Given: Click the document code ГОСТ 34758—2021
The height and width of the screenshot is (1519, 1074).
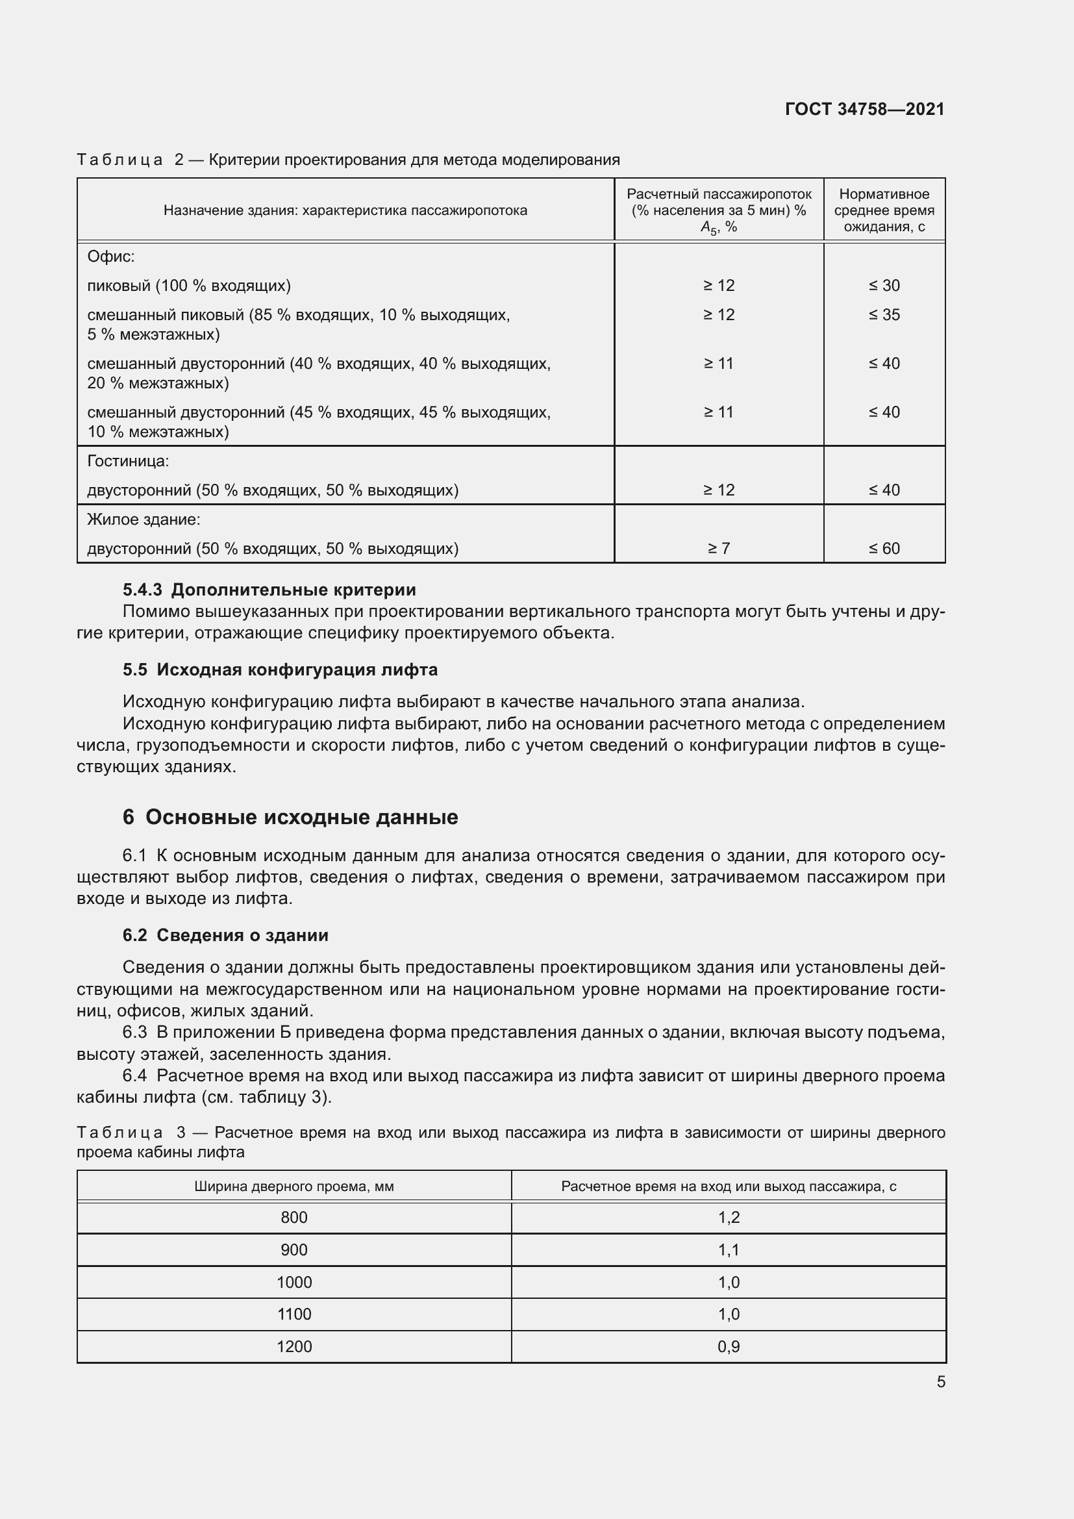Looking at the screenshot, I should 864,109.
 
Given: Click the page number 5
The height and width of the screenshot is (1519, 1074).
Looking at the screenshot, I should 940,1381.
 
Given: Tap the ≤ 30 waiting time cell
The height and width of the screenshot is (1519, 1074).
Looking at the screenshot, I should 884,285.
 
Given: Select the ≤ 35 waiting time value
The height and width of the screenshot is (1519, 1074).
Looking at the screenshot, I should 884,314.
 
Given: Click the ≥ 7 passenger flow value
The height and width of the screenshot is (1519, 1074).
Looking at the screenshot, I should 718,548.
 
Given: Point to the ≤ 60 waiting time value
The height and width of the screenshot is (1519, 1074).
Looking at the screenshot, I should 884,548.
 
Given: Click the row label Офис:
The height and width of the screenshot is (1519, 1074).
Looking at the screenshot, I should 111,256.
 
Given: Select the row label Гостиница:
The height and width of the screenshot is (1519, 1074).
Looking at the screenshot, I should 129,460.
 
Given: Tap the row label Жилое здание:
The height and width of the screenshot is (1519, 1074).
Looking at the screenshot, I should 144,520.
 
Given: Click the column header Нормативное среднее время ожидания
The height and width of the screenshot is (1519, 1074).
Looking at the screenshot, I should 884,210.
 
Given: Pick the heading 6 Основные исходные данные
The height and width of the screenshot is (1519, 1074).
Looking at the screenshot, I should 290,817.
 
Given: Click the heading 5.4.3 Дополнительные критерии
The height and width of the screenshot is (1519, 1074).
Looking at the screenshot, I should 269,590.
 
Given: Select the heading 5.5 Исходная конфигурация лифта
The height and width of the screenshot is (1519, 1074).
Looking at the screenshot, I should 280,670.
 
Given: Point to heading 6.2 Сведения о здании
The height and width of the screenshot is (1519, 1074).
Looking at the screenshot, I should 225,935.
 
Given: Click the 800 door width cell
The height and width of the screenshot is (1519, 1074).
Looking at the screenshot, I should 293,1217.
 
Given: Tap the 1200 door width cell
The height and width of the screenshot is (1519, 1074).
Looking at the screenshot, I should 293,1346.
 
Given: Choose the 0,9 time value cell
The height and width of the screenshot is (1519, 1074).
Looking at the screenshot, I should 728,1346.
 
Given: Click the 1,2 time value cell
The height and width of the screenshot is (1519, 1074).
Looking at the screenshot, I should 728,1217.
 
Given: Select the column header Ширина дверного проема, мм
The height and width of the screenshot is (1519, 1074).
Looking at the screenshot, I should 293,1186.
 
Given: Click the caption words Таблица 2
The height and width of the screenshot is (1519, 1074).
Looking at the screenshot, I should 130,160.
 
